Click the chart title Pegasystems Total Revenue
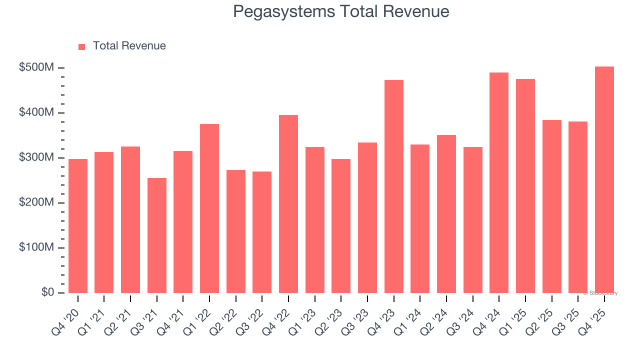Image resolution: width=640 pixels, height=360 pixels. (x=341, y=11)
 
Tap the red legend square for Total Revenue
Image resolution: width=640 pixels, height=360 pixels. (x=82, y=46)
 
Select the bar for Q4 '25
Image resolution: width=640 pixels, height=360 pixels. (x=604, y=180)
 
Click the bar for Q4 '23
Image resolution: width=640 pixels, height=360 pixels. (x=393, y=186)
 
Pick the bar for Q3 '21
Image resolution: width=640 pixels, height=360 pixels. (x=157, y=235)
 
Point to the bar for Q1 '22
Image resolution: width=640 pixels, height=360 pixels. (x=209, y=208)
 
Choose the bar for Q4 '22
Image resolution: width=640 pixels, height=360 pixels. (x=288, y=204)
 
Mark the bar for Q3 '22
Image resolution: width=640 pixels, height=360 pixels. (x=262, y=232)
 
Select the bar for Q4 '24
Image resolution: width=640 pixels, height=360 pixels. (x=499, y=183)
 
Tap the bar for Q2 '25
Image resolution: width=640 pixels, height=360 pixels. (x=551, y=206)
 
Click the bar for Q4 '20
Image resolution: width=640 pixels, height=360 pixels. (x=78, y=226)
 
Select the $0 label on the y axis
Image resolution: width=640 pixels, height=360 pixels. (x=47, y=292)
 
